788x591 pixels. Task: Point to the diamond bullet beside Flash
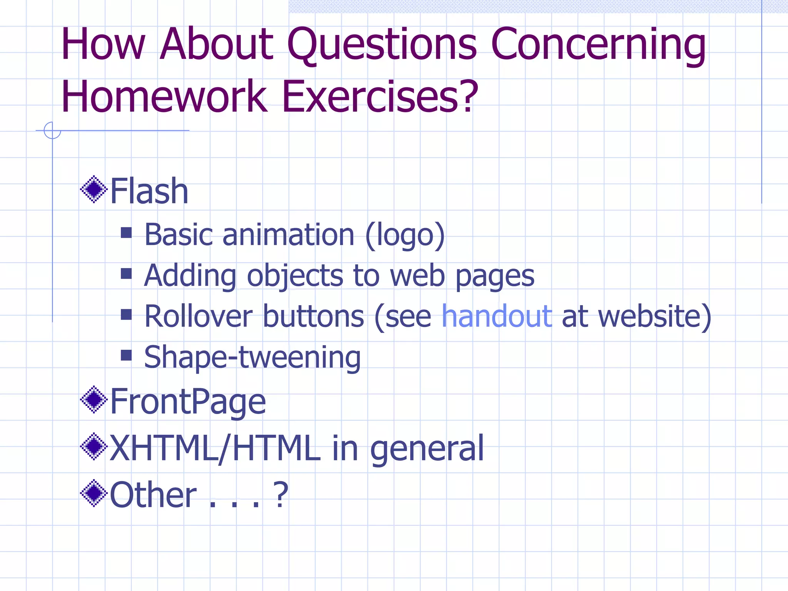(x=93, y=189)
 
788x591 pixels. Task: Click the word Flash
(x=149, y=191)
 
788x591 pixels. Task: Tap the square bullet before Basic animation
(x=126, y=233)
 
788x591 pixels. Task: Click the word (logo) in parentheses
(x=405, y=235)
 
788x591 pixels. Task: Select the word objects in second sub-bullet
(x=295, y=276)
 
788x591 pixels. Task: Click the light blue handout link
(x=497, y=316)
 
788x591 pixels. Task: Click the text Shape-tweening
(x=252, y=357)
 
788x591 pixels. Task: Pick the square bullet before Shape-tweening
(x=126, y=355)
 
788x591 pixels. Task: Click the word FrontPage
(x=188, y=401)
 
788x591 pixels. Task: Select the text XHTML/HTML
(x=215, y=448)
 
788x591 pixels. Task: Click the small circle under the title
(x=52, y=130)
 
